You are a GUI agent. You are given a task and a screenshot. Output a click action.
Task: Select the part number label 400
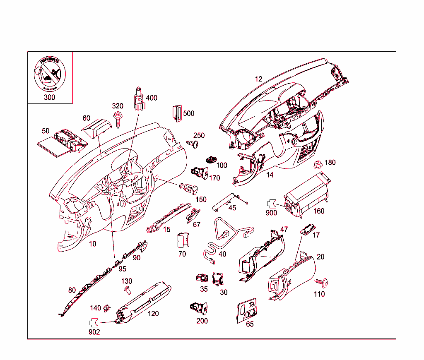pyautogui.click(x=152, y=98)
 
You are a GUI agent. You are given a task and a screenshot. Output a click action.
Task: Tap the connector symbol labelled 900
pyautogui.click(x=271, y=204)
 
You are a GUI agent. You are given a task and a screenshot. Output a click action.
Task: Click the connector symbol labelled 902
pyautogui.click(x=94, y=322)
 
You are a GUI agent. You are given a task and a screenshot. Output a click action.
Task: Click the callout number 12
pyautogui.click(x=258, y=79)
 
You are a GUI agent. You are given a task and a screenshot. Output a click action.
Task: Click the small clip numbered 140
pyautogui.click(x=107, y=307)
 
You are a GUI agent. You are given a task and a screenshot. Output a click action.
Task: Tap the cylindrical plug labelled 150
pyautogui.click(x=188, y=188)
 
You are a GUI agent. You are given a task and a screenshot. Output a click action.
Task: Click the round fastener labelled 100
pyautogui.click(x=212, y=159)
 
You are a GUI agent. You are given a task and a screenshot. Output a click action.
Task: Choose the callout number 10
pyautogui.click(x=93, y=244)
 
